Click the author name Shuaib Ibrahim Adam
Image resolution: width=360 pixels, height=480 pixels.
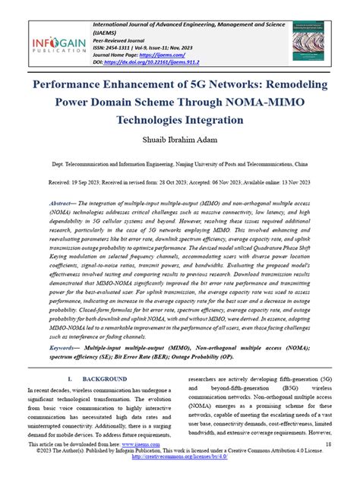(x=179, y=141)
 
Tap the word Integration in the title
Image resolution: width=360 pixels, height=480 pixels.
(x=216, y=120)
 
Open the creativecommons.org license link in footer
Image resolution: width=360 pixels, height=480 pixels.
(x=180, y=478)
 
